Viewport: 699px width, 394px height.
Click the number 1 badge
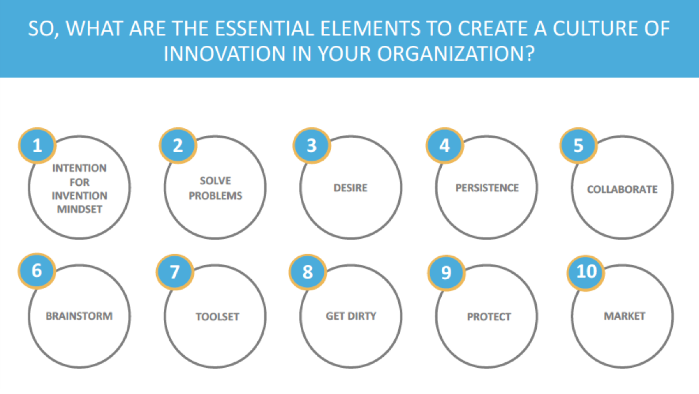tap(37, 145)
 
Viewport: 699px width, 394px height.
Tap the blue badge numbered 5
tap(578, 145)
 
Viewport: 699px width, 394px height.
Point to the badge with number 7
tap(175, 272)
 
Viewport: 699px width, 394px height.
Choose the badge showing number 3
tap(311, 145)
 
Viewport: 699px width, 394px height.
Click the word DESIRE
tap(351, 188)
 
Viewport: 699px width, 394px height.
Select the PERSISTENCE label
tap(487, 188)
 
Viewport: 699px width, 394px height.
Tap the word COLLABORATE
tap(622, 190)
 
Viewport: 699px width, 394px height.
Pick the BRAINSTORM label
tap(79, 316)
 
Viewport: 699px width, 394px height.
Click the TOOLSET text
tap(217, 317)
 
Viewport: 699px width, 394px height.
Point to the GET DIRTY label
tap(351, 316)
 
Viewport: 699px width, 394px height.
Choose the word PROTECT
tap(489, 317)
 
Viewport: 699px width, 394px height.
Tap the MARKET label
tap(624, 316)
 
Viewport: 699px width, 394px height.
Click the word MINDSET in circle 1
tap(80, 209)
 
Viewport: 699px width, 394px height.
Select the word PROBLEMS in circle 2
tap(215, 196)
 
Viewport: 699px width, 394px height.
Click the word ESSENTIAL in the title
tap(265, 29)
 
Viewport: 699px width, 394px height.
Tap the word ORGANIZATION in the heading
tap(452, 54)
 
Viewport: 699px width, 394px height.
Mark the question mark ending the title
tap(530, 54)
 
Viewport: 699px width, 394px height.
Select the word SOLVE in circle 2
tap(215, 181)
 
